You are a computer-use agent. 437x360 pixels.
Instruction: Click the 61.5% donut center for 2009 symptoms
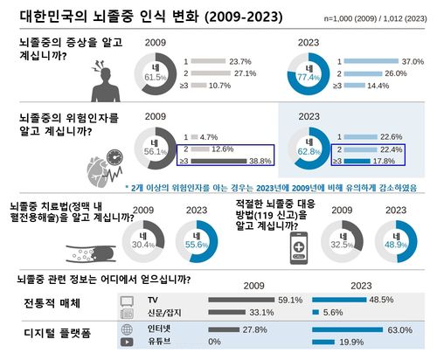pos(155,73)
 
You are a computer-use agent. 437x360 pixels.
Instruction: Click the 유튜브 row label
pos(159,342)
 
